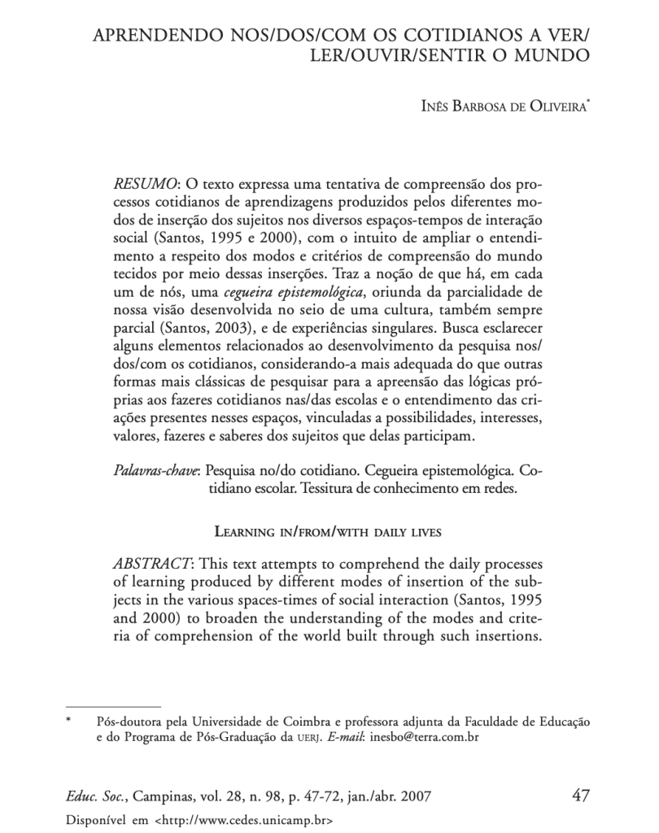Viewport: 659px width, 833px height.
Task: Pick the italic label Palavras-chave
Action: [156, 471]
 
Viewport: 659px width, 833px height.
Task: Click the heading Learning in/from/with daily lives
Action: [327, 533]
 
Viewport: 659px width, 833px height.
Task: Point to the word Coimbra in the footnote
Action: [307, 722]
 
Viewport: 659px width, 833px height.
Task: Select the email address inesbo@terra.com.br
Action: [423, 738]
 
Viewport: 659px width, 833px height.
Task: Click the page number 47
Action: [580, 794]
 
